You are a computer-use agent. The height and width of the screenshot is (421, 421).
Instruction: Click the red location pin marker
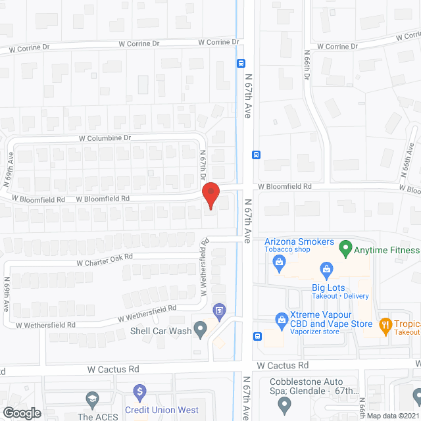coord(210,197)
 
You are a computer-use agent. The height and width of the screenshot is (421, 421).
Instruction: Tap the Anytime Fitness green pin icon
coord(345,250)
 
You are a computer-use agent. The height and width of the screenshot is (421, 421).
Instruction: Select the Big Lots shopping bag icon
coord(326,268)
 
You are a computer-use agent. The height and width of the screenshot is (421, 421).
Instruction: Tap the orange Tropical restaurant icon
coord(385,324)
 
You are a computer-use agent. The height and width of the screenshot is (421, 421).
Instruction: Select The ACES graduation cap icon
coord(92,399)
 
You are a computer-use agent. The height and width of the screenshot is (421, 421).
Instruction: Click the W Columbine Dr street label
coord(105,138)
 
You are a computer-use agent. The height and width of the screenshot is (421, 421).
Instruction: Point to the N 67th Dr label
coord(203,166)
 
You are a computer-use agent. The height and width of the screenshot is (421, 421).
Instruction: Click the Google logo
coord(22,412)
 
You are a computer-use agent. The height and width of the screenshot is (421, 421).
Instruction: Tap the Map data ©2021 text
coord(392,416)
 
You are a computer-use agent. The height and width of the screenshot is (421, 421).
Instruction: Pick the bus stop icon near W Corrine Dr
coord(241,63)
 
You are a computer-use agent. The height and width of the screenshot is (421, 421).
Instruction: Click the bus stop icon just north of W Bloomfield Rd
coord(256,155)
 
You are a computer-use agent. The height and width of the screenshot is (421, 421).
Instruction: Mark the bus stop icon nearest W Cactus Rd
coord(257,337)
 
